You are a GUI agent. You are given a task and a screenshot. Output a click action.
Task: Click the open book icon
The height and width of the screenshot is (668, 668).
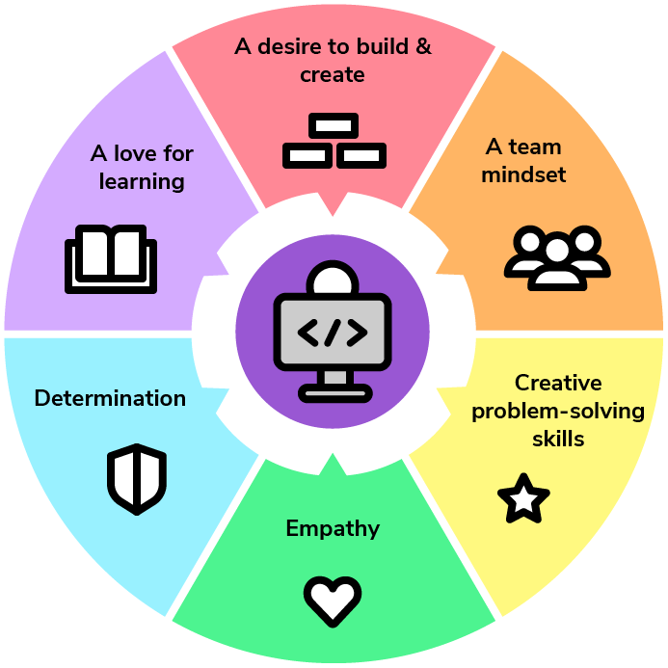[x=110, y=258]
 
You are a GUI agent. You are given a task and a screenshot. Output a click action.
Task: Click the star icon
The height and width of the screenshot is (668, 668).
[x=523, y=498]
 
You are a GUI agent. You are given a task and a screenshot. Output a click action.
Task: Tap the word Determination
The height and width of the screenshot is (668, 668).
[x=110, y=398]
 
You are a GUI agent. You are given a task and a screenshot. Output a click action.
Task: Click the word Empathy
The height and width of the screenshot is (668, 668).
[x=333, y=528]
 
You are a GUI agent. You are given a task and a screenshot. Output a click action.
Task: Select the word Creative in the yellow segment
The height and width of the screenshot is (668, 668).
[x=558, y=384]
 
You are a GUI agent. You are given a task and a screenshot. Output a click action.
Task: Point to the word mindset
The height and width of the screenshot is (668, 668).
[x=523, y=174]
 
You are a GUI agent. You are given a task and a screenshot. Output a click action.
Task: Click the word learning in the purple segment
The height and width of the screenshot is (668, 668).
[x=142, y=180]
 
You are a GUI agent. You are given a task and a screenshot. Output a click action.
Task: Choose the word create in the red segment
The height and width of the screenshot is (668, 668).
[x=333, y=74]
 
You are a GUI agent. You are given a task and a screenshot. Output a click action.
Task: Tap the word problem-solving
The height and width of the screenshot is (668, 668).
[x=558, y=411]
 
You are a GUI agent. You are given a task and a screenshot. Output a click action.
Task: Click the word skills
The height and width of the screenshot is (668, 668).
[x=558, y=439]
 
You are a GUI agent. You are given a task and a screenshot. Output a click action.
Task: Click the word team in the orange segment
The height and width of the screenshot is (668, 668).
[x=537, y=147]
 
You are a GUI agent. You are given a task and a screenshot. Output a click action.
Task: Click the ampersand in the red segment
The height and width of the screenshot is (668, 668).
[x=422, y=46]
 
